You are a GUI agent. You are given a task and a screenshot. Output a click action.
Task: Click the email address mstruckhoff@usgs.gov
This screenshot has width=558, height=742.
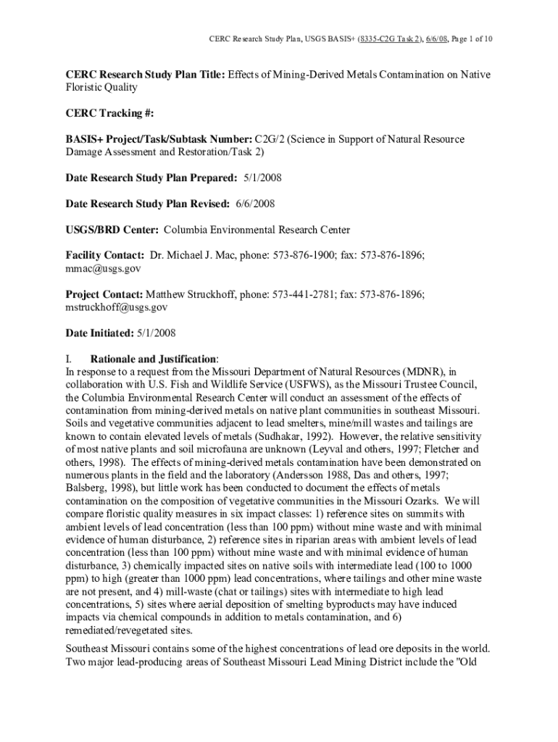(117, 307)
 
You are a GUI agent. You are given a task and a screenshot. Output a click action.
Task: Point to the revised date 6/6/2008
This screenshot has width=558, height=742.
(254, 204)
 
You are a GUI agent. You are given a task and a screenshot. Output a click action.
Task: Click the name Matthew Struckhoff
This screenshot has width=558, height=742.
(191, 294)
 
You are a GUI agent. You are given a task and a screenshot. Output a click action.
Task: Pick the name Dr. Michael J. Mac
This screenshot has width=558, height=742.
(193, 255)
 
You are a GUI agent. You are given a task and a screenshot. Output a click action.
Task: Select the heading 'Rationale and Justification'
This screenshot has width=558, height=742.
(152, 359)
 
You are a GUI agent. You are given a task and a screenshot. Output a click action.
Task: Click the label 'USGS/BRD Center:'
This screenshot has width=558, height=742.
(112, 230)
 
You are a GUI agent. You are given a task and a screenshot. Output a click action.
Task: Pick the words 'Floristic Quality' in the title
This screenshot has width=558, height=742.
(101, 87)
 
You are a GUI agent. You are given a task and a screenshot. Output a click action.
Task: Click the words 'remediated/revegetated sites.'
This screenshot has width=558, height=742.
(130, 630)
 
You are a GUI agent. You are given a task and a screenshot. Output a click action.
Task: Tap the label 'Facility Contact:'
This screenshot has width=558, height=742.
(105, 255)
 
